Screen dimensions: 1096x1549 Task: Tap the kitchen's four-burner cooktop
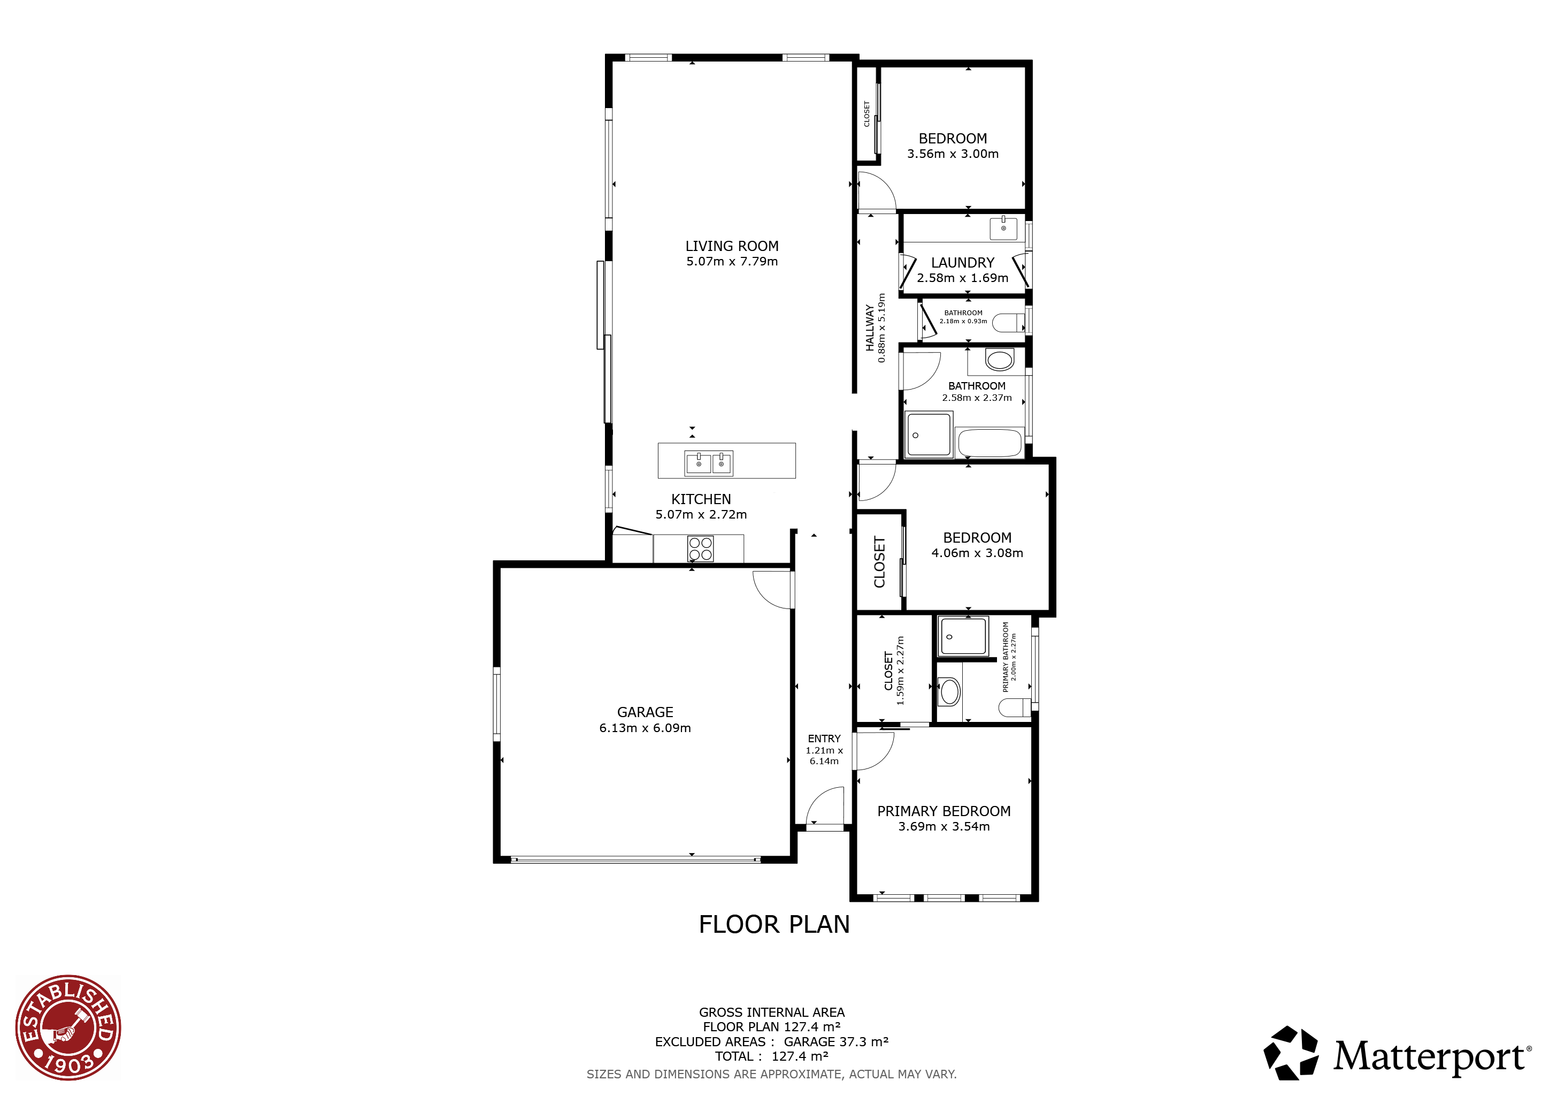tap(700, 548)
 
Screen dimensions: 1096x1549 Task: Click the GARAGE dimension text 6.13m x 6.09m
tap(645, 727)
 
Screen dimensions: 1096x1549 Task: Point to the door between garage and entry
tap(774, 589)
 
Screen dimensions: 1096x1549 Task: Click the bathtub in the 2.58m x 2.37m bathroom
tap(989, 443)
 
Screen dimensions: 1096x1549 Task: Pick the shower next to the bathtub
tap(929, 434)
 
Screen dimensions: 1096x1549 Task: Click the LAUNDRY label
tap(962, 263)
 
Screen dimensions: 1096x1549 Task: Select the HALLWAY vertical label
tap(870, 328)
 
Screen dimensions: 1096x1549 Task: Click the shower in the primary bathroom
tap(963, 636)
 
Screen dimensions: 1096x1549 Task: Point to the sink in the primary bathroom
tap(950, 692)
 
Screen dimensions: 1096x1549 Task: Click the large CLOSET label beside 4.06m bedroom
tap(879, 561)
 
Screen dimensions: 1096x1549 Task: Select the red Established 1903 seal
tap(68, 1026)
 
